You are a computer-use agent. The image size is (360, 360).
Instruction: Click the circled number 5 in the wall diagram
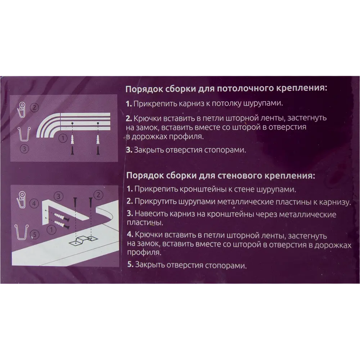click(x=34, y=235)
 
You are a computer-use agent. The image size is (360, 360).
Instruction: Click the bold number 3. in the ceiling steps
click(x=129, y=150)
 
